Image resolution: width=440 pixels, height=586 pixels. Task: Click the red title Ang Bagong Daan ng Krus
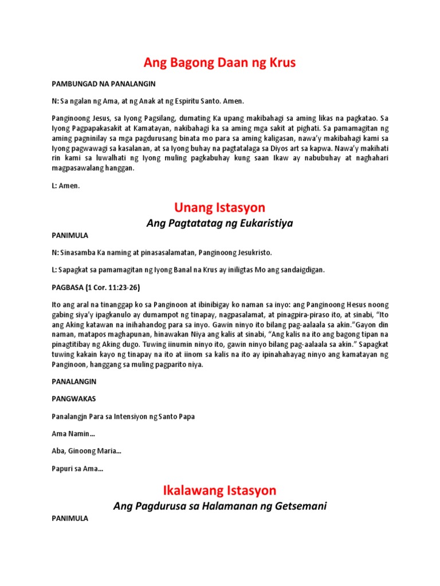coord(220,63)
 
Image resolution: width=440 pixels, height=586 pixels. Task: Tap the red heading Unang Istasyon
coord(220,207)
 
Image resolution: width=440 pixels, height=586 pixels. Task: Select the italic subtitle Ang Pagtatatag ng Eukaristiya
coord(220,223)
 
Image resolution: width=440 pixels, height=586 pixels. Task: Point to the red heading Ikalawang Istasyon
coord(220,490)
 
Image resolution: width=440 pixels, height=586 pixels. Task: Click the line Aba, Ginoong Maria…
coord(86,451)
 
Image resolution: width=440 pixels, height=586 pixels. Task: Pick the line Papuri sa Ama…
coord(77,469)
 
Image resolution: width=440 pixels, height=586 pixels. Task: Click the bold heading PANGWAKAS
coord(74,399)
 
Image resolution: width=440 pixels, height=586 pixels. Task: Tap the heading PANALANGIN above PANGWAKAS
coord(74,381)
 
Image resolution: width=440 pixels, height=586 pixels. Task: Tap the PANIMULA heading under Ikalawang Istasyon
coord(70,518)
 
